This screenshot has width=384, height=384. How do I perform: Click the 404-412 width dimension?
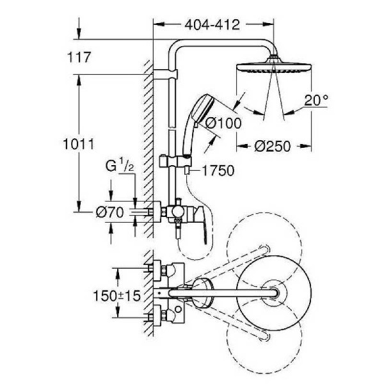pos(211,25)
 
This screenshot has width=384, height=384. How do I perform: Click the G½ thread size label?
pos(120,168)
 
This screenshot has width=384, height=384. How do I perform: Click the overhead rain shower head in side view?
pos(274,67)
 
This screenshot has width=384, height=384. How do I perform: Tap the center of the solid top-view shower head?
pos(276,292)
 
